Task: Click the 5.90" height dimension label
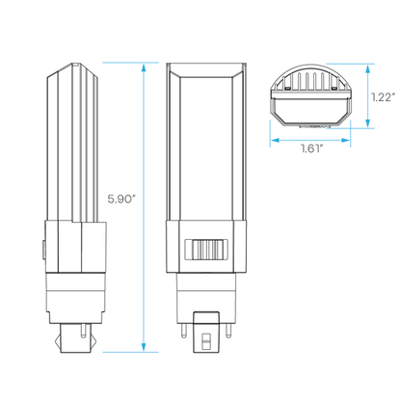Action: pyautogui.click(x=120, y=200)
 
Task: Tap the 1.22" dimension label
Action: pyautogui.click(x=383, y=97)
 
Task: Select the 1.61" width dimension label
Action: pyautogui.click(x=311, y=148)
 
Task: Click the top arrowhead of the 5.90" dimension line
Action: pyautogui.click(x=144, y=67)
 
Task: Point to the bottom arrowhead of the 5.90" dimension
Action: pyautogui.click(x=144, y=347)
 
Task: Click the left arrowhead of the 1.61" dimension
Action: pyautogui.click(x=275, y=141)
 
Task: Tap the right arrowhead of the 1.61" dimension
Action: pyautogui.click(x=345, y=141)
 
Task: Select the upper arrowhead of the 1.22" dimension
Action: pyautogui.click(x=368, y=68)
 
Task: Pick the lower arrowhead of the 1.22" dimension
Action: pyautogui.click(x=368, y=123)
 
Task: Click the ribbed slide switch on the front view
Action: pyautogui.click(x=206, y=250)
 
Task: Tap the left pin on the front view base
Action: pyautogui.click(x=183, y=331)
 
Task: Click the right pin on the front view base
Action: pyautogui.click(x=228, y=331)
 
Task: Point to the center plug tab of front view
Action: pyautogui.click(x=206, y=333)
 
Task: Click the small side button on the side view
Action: pyautogui.click(x=43, y=250)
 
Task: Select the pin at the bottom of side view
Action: pyautogui.click(x=84, y=331)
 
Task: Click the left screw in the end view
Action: pyautogui.click(x=287, y=88)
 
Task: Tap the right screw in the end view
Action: pyautogui.click(x=334, y=88)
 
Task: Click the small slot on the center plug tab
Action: pyautogui.click(x=206, y=341)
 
